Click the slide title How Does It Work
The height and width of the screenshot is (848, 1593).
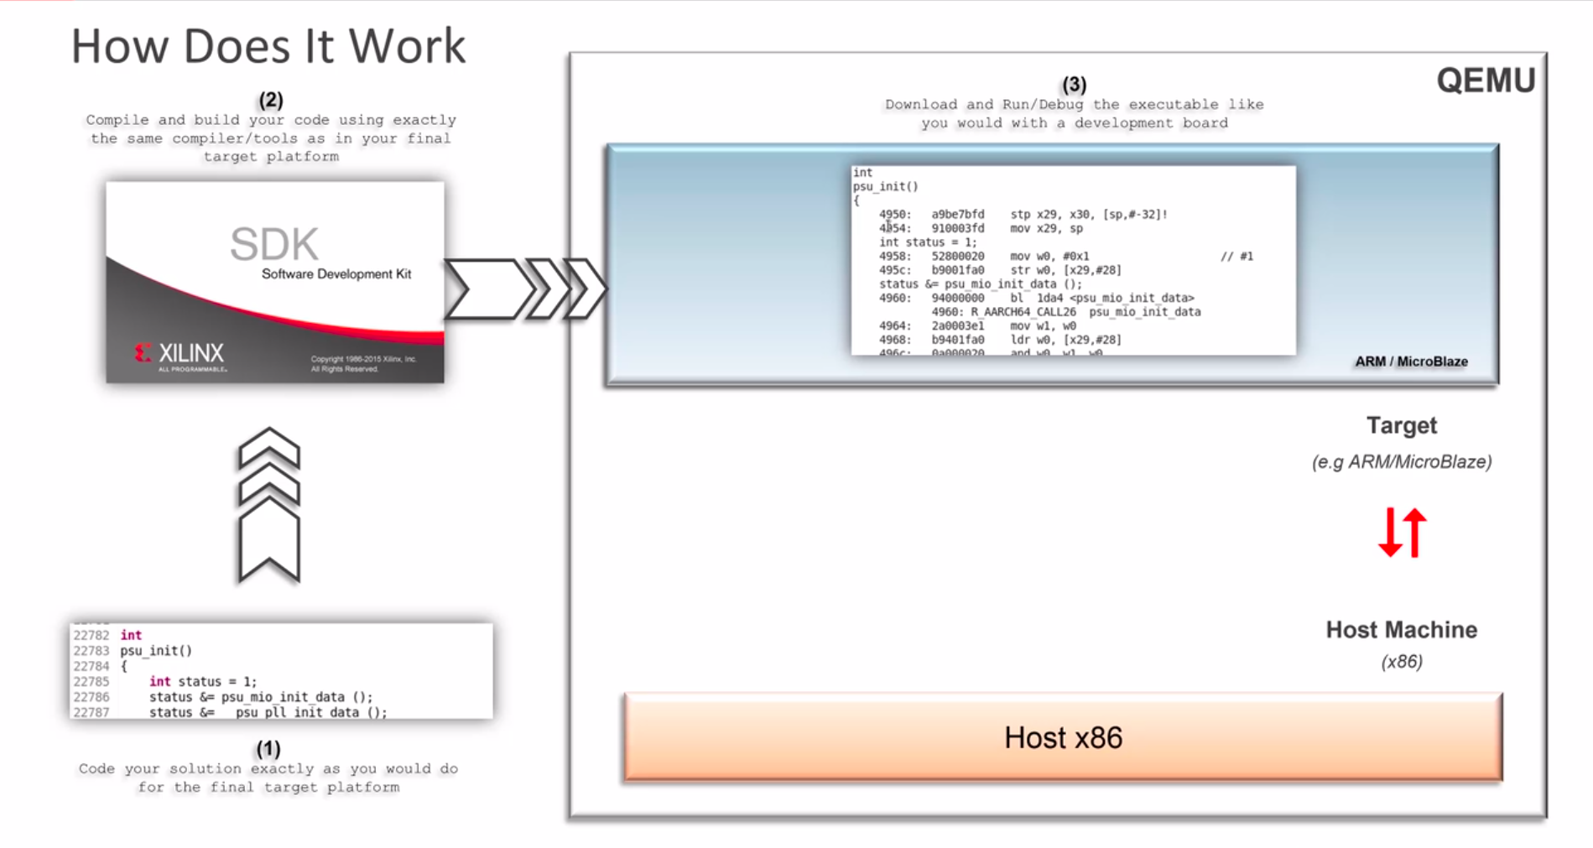point(268,46)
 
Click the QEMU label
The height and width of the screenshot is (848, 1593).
point(1485,81)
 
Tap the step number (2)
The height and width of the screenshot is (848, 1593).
point(270,101)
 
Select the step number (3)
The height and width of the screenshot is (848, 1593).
point(1074,85)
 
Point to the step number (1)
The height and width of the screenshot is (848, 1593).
point(268,748)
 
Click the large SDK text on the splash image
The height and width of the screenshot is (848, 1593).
point(274,244)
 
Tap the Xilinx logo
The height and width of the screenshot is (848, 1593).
point(180,354)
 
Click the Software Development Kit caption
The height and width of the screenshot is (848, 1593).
point(336,274)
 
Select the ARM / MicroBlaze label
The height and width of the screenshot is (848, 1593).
point(1411,362)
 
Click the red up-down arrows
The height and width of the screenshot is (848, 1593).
point(1402,533)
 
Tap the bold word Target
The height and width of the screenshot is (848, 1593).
point(1401,426)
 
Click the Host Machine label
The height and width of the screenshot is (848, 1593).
point(1401,630)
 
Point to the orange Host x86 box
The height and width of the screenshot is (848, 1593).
point(1063,737)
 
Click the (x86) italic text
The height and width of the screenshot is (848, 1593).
point(1401,662)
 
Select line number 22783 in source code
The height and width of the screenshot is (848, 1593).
point(91,651)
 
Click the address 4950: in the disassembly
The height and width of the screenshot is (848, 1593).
point(894,215)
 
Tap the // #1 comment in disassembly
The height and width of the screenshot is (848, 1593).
point(1236,257)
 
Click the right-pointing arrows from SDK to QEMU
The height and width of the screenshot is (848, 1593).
point(525,289)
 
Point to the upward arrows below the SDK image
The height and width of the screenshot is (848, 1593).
point(269,505)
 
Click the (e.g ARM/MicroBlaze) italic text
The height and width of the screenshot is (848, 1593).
point(1401,462)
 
